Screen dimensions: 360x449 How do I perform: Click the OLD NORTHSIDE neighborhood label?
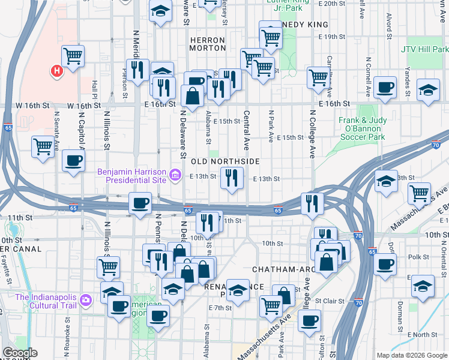[x=225, y=161]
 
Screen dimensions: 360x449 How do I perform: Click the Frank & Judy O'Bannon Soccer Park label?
[x=370, y=128]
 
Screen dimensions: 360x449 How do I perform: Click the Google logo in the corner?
[x=19, y=353]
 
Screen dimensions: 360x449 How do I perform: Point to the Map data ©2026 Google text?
[x=411, y=355]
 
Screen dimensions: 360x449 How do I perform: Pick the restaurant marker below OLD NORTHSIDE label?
[x=231, y=178]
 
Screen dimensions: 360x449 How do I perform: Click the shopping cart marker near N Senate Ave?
[x=43, y=146]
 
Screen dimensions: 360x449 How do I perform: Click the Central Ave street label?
[x=246, y=130]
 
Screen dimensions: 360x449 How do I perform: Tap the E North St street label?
[x=420, y=334]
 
